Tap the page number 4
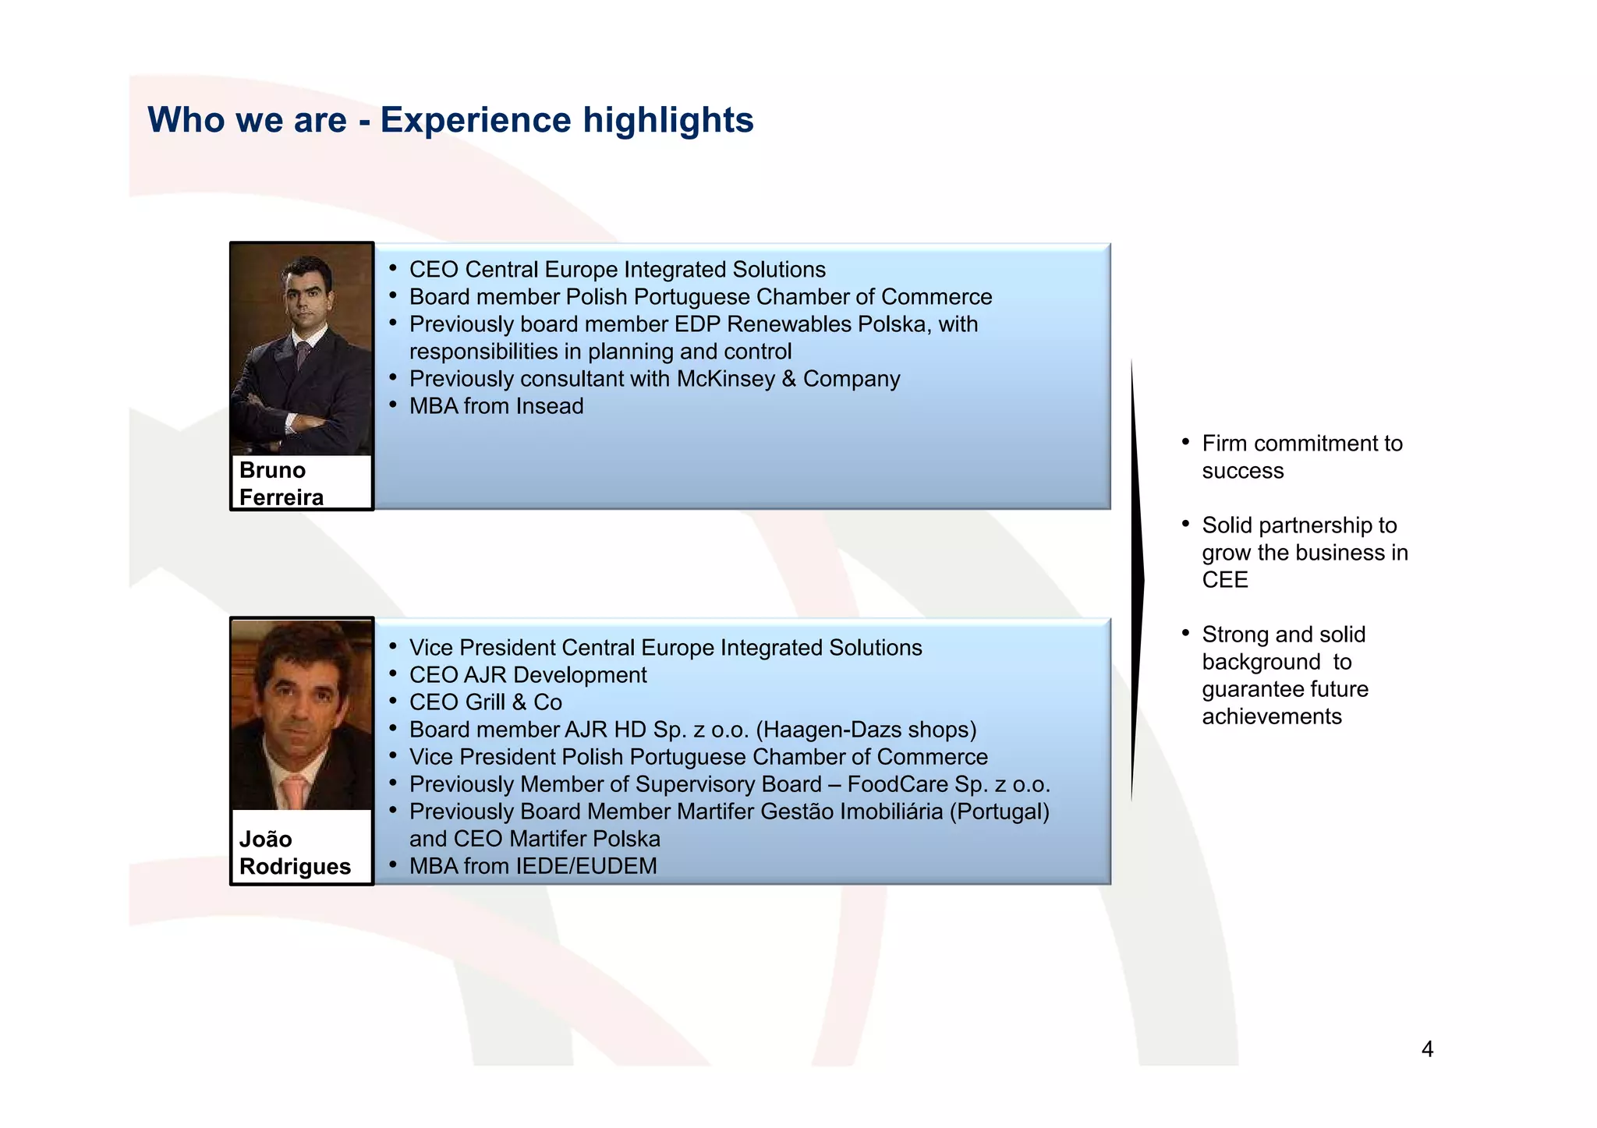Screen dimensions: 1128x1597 click(x=1427, y=1049)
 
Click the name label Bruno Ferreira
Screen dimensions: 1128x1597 click(x=281, y=483)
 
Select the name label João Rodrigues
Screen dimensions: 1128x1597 click(x=294, y=853)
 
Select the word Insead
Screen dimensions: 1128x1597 click(x=549, y=406)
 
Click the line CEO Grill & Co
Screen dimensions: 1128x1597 click(x=485, y=702)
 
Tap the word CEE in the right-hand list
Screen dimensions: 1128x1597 click(x=1224, y=580)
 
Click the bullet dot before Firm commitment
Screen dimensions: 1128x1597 click(x=1185, y=442)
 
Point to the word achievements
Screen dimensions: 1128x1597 click(x=1271, y=716)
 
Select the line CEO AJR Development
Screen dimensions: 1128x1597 click(x=528, y=675)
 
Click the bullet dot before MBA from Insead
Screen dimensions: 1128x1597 click(x=393, y=405)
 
